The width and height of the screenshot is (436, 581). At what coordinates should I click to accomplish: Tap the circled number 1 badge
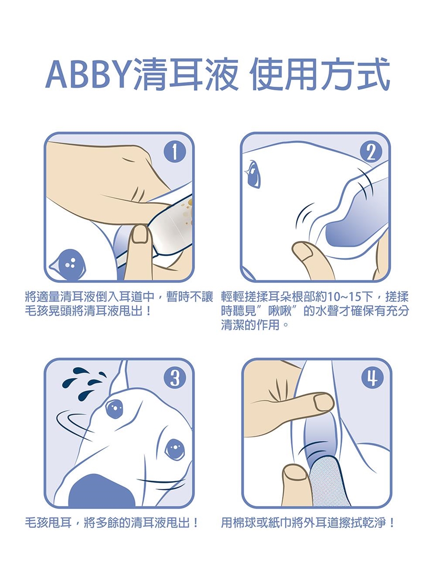pyautogui.click(x=175, y=153)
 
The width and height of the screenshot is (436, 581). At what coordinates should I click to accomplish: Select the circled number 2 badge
pyautogui.click(x=371, y=153)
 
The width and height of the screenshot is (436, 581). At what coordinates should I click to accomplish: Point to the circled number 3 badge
pyautogui.click(x=175, y=379)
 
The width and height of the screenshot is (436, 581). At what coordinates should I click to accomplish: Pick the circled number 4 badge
pyautogui.click(x=372, y=379)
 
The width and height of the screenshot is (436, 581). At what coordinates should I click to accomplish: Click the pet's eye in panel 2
pyautogui.click(x=253, y=175)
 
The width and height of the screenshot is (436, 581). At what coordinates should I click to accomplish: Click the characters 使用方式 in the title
pyautogui.click(x=320, y=74)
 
